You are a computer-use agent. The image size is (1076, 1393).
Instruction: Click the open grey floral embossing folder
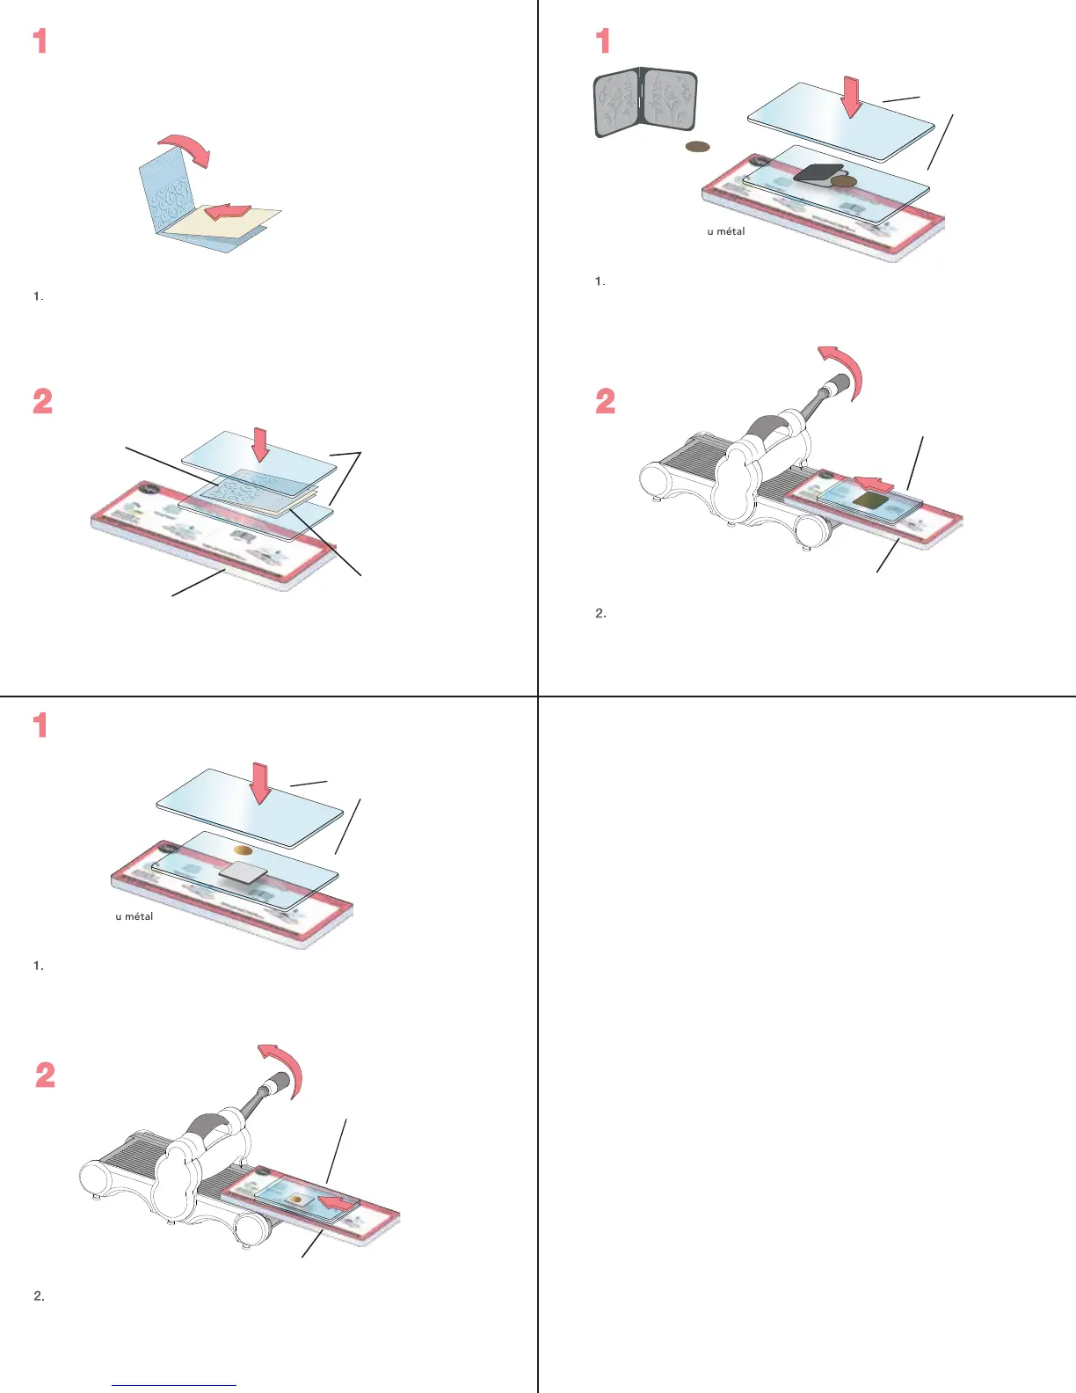(646, 102)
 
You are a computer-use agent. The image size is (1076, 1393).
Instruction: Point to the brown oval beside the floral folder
(697, 146)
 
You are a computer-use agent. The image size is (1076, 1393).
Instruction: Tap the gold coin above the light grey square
(244, 850)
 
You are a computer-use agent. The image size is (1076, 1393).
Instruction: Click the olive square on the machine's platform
(869, 501)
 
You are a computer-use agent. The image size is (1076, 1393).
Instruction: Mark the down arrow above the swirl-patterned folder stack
(259, 444)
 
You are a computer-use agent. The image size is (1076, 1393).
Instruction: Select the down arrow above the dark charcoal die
(851, 96)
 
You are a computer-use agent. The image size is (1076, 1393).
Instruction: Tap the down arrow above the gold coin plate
(260, 782)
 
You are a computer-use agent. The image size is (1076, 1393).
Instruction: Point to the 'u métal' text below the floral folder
(726, 231)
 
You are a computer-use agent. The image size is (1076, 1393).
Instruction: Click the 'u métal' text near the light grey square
(134, 916)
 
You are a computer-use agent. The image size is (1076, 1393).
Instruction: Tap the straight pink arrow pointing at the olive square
(875, 483)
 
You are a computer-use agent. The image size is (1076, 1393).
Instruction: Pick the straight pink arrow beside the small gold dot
(338, 1202)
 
